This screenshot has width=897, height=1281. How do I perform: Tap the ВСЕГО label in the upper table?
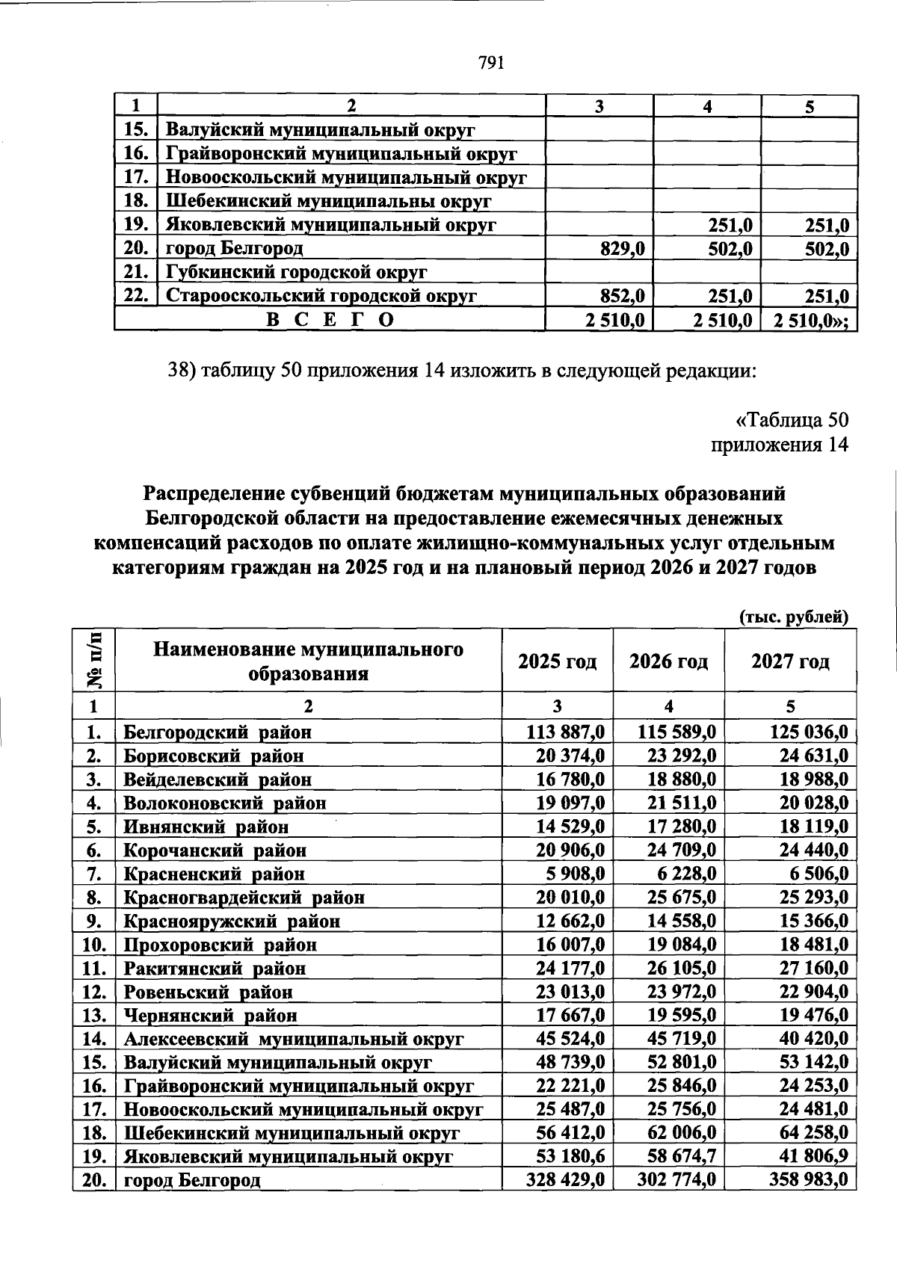point(330,320)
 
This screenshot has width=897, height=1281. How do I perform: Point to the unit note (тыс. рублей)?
point(794,617)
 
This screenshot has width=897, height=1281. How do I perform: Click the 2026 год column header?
point(668,661)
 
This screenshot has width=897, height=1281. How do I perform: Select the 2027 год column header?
point(790,661)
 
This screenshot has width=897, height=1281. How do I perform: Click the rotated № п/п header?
point(95,660)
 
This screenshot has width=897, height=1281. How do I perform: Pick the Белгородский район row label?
point(217,732)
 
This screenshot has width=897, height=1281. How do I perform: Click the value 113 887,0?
point(565,732)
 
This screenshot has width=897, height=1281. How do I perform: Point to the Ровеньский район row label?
point(208,992)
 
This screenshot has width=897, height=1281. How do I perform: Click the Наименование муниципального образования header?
point(308,661)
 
